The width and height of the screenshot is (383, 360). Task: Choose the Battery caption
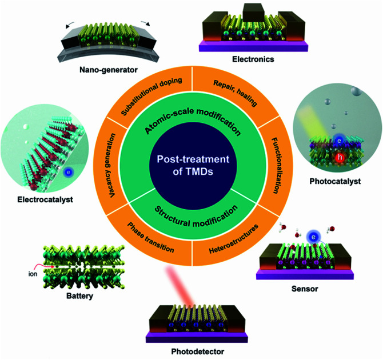tap(78, 297)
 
